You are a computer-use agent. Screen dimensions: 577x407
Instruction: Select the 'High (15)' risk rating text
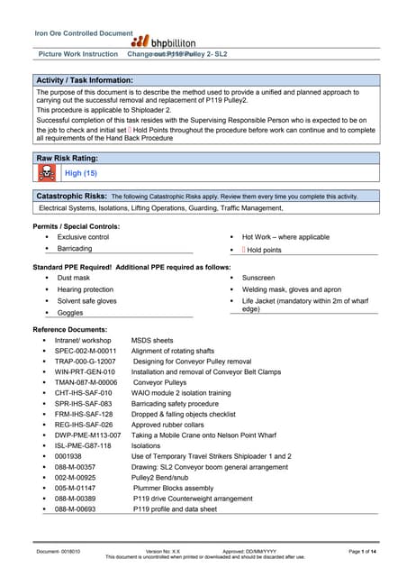pos(81,173)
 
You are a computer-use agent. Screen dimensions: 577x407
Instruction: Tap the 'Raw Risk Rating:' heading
pos(72,158)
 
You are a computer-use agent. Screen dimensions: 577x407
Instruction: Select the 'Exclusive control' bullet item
pos(83,236)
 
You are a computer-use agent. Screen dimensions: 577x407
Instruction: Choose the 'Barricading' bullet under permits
pos(75,248)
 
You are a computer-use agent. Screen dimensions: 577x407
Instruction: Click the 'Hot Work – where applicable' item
pos(285,236)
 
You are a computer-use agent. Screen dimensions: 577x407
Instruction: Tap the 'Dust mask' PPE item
pos(73,279)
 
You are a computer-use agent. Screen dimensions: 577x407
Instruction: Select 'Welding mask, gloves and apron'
pos(294,289)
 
